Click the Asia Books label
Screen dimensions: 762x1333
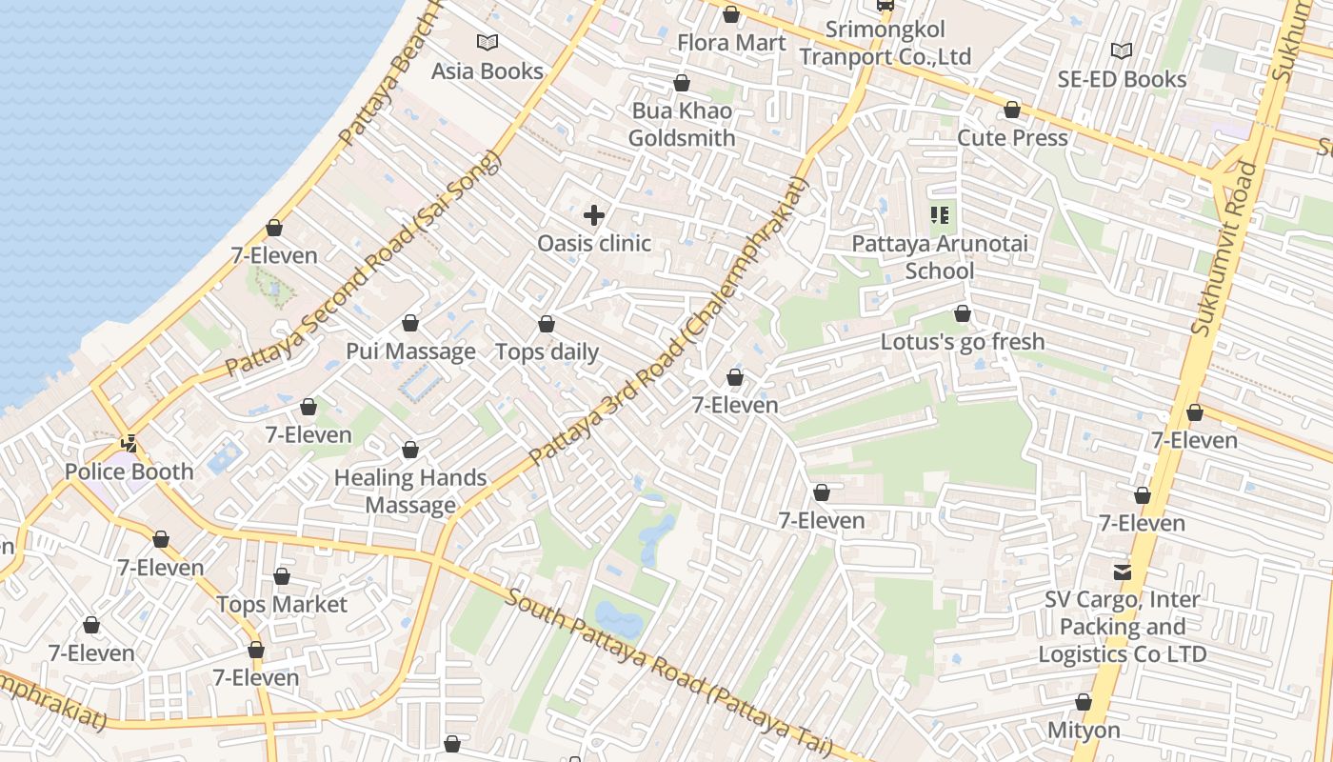point(487,71)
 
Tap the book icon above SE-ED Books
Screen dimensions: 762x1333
point(1122,50)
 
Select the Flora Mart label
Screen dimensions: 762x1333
point(731,43)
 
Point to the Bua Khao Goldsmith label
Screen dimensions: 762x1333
point(682,125)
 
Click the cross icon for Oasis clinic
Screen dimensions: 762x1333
point(594,215)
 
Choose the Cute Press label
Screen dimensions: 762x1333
point(1012,137)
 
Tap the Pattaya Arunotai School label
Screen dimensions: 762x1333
point(940,257)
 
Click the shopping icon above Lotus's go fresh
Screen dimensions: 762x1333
point(963,313)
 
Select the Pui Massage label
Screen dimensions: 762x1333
point(410,351)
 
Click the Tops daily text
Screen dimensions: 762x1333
point(547,352)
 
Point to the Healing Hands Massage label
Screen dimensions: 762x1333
point(410,491)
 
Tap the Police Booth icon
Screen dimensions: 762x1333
point(129,443)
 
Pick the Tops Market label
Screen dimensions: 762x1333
point(282,605)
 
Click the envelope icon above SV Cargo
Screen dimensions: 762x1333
point(1123,571)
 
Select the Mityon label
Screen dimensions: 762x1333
point(1084,731)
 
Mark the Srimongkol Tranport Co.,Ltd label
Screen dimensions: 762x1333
point(885,44)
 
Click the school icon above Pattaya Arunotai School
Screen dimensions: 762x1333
point(940,215)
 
